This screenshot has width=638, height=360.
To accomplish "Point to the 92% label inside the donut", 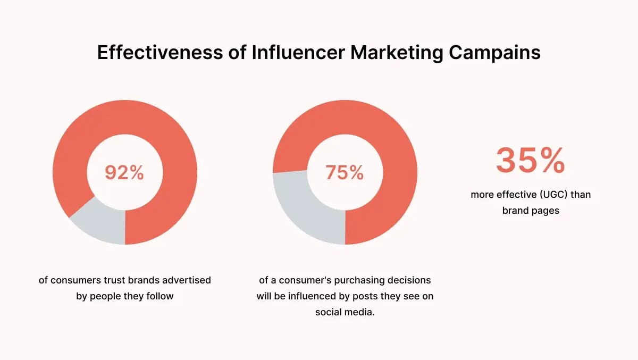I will (124, 172).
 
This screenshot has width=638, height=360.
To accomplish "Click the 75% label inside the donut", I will (345, 172).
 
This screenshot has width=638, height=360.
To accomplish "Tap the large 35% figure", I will (530, 161).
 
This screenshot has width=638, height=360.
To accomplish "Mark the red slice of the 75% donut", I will (383, 144).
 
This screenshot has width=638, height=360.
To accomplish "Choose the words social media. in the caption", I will (345, 312).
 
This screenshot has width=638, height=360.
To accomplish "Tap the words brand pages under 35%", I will (530, 211).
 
